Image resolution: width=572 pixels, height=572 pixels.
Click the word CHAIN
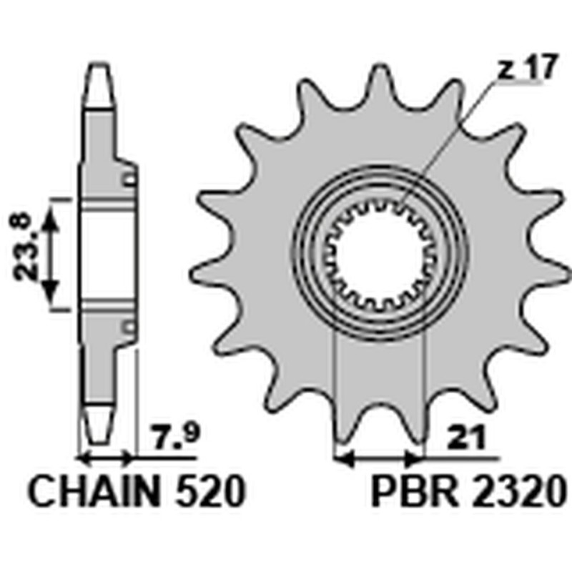coord(94,490)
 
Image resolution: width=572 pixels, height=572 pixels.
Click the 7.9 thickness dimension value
coord(176,437)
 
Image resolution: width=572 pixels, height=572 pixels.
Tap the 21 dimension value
coord(465,437)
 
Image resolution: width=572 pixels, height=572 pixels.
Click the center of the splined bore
coord(380,252)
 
